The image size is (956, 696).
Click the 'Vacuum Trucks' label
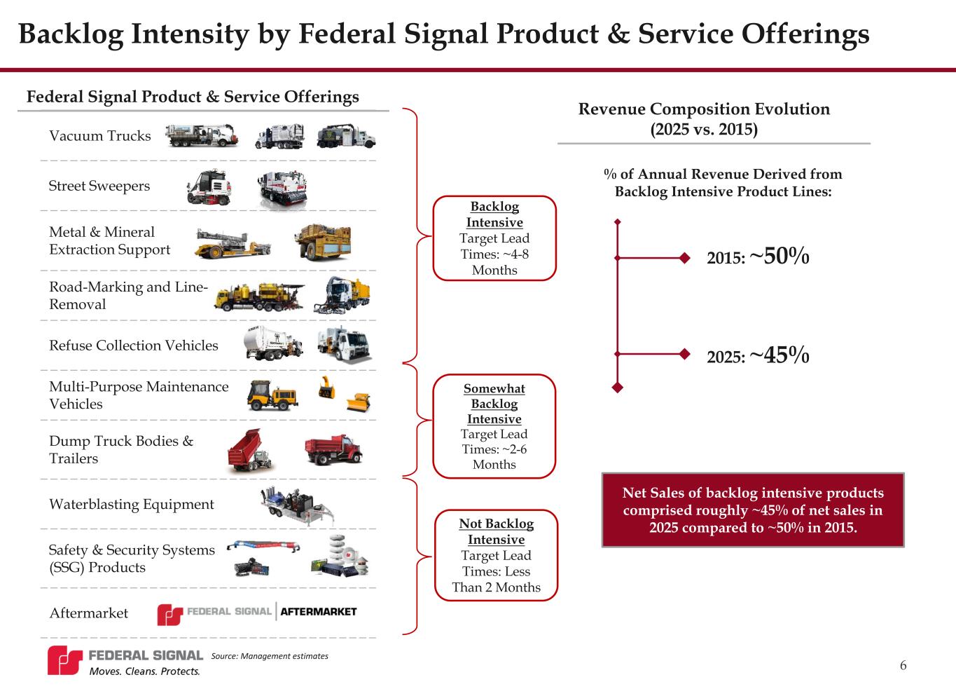click(x=100, y=136)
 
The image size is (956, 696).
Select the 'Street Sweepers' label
click(x=99, y=186)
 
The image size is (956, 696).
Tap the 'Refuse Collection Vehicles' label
click(x=134, y=345)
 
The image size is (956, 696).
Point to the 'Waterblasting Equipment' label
click(x=132, y=504)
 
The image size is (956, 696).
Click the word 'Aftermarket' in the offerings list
click(x=89, y=613)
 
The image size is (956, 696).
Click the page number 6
click(x=903, y=665)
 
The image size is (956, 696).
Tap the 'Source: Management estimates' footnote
click(x=270, y=656)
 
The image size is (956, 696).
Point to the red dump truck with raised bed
click(x=249, y=451)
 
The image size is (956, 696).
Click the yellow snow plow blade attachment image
click(x=358, y=402)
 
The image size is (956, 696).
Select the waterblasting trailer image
click(x=298, y=505)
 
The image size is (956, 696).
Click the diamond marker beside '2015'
click(x=684, y=258)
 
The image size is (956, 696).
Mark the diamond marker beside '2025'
click(x=684, y=354)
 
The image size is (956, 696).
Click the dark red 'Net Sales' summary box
click(x=753, y=510)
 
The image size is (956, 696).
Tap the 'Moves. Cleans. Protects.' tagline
click(x=144, y=671)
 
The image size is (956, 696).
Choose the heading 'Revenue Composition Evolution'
click(x=704, y=109)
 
